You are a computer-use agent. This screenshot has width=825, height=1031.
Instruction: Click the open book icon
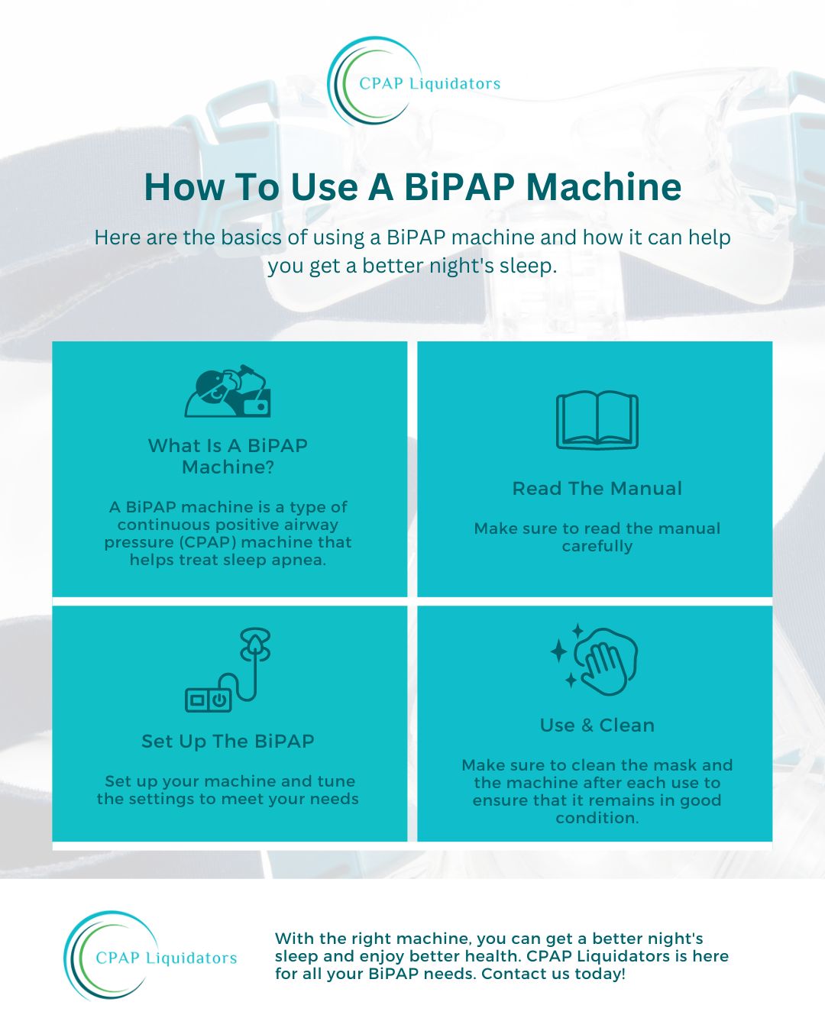click(x=597, y=420)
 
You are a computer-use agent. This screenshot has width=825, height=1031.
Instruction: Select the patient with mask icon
click(x=228, y=391)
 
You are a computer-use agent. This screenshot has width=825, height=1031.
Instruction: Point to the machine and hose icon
click(x=228, y=669)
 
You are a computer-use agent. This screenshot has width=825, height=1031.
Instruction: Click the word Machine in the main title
click(x=603, y=187)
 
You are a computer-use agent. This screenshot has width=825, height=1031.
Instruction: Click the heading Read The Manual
click(x=597, y=489)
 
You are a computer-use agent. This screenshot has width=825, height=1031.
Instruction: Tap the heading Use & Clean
click(x=597, y=726)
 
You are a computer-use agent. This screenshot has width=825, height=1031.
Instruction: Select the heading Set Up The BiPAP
click(x=228, y=741)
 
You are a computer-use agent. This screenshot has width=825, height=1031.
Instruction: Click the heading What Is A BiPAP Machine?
click(x=228, y=456)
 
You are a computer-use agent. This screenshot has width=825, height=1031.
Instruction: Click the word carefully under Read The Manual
click(x=597, y=547)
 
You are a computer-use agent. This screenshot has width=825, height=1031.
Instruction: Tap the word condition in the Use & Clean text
click(x=597, y=818)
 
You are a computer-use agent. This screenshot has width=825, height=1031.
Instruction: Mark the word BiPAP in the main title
click(x=460, y=187)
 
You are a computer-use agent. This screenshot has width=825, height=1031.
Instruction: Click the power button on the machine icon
click(x=219, y=700)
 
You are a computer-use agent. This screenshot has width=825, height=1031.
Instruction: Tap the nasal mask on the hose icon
click(x=255, y=644)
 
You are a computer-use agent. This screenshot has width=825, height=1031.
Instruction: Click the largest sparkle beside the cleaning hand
click(x=558, y=651)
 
